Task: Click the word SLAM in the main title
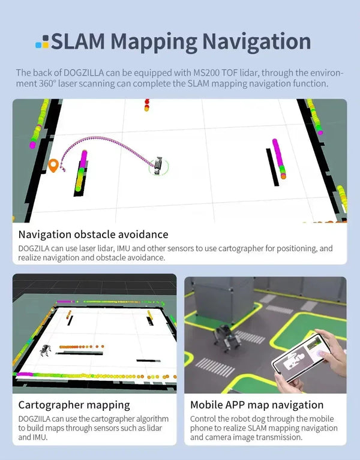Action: [78, 41]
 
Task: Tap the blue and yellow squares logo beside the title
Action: [42, 41]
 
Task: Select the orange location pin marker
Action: [53, 166]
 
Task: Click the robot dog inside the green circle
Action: [158, 166]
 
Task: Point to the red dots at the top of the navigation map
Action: [146, 105]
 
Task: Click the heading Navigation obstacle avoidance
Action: [94, 234]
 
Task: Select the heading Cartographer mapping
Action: [74, 405]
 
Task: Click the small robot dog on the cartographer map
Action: [45, 350]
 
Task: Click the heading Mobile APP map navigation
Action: [257, 405]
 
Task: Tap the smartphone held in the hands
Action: [301, 357]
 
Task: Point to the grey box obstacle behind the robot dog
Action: [224, 299]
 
